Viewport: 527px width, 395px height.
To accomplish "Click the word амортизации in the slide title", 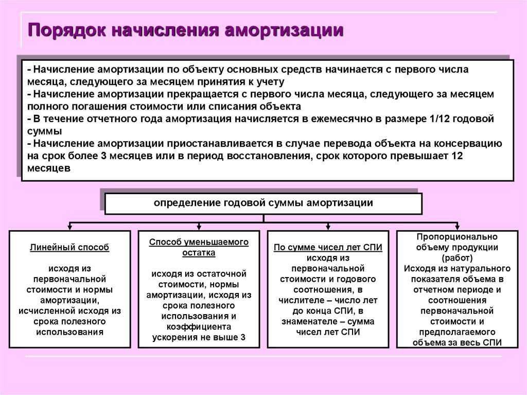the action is pyautogui.click(x=284, y=30).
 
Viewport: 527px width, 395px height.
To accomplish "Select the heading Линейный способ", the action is pyautogui.click(x=69, y=248).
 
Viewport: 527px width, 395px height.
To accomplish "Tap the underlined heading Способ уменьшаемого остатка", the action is pyautogui.click(x=199, y=247).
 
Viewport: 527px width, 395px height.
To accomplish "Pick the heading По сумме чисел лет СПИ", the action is pyautogui.click(x=328, y=248).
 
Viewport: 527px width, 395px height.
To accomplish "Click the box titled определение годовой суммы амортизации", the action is pyautogui.click(x=263, y=203).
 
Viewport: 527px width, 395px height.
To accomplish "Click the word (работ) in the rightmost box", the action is pyautogui.click(x=457, y=258).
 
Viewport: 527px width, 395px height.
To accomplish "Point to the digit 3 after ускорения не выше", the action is pyautogui.click(x=243, y=337).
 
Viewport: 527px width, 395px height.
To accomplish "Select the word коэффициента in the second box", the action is pyautogui.click(x=199, y=327).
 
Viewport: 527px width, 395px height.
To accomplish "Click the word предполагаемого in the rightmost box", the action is pyautogui.click(x=457, y=332).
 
